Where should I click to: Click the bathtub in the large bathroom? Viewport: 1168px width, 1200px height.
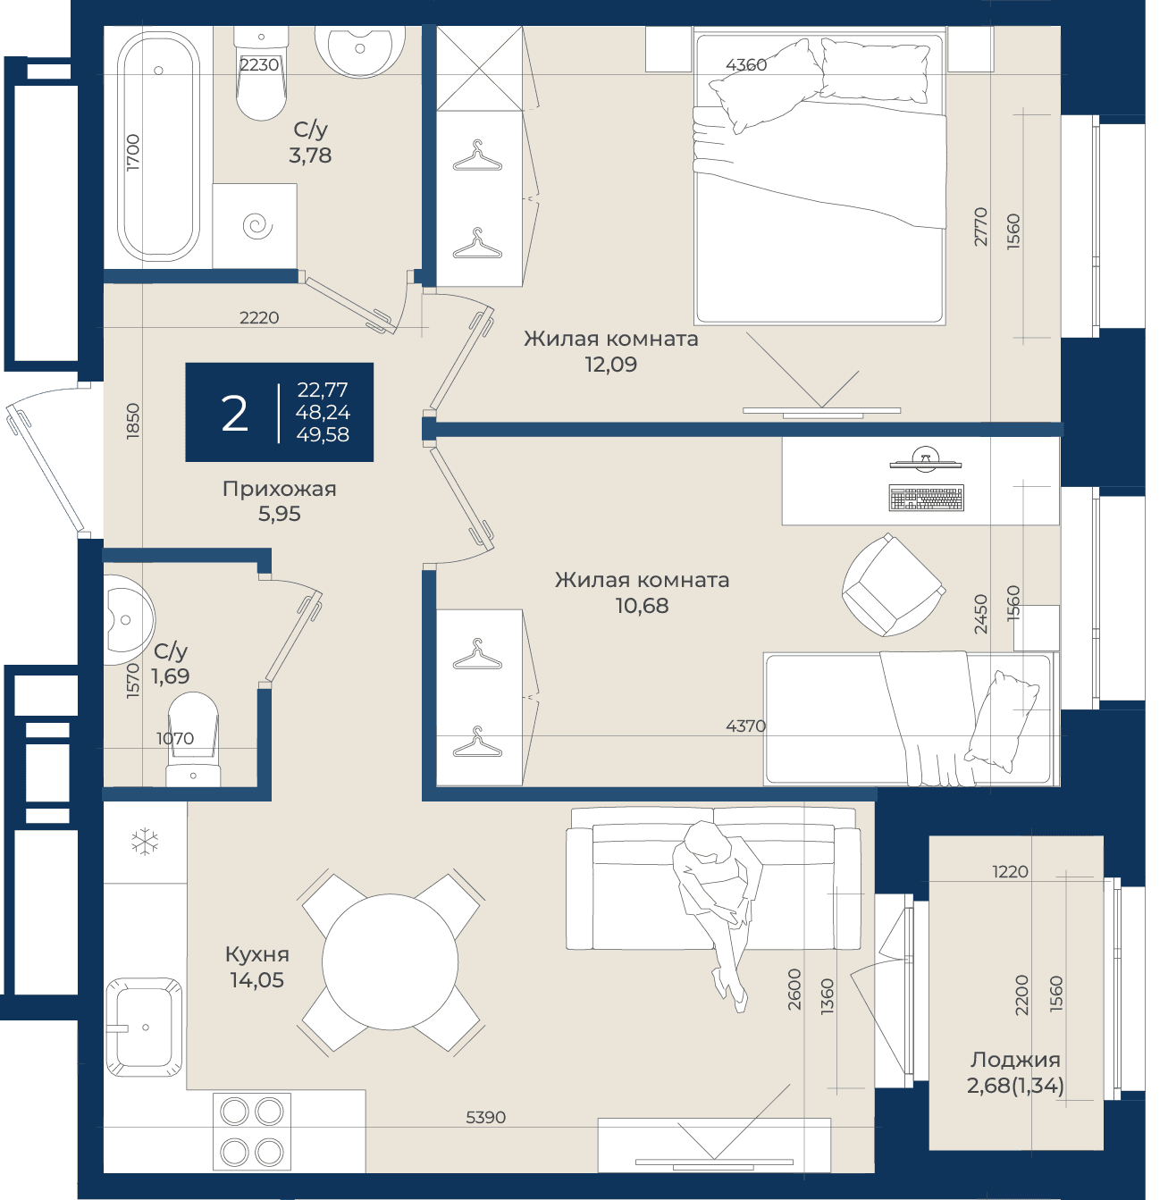[x=158, y=147]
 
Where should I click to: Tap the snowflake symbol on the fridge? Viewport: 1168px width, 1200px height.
[x=145, y=842]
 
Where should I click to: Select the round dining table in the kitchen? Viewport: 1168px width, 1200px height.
[x=390, y=961]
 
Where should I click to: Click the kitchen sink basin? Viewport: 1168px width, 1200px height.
[x=144, y=1028]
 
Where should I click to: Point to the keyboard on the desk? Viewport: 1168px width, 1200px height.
[x=926, y=498]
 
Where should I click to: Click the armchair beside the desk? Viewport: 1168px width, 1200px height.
[x=894, y=584]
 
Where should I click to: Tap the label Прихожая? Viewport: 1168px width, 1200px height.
[x=280, y=489]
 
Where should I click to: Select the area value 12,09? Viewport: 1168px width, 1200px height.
[x=610, y=365]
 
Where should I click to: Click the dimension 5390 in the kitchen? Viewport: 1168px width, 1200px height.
[x=485, y=1118]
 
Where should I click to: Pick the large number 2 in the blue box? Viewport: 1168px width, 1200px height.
[x=234, y=414]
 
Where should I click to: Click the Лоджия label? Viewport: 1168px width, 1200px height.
[x=1015, y=1060]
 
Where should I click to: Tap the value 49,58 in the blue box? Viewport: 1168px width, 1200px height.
[x=323, y=435]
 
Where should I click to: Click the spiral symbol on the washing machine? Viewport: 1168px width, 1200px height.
[x=257, y=226]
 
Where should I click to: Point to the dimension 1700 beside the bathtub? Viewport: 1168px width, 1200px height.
[x=132, y=152]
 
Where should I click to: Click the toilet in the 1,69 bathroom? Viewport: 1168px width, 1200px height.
[x=193, y=738]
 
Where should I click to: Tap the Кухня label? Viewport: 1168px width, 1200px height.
[x=257, y=954]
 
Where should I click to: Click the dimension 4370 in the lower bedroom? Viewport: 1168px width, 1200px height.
[x=745, y=726]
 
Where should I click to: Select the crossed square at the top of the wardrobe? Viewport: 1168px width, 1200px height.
[x=479, y=68]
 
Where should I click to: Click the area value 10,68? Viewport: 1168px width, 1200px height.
[x=642, y=606]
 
